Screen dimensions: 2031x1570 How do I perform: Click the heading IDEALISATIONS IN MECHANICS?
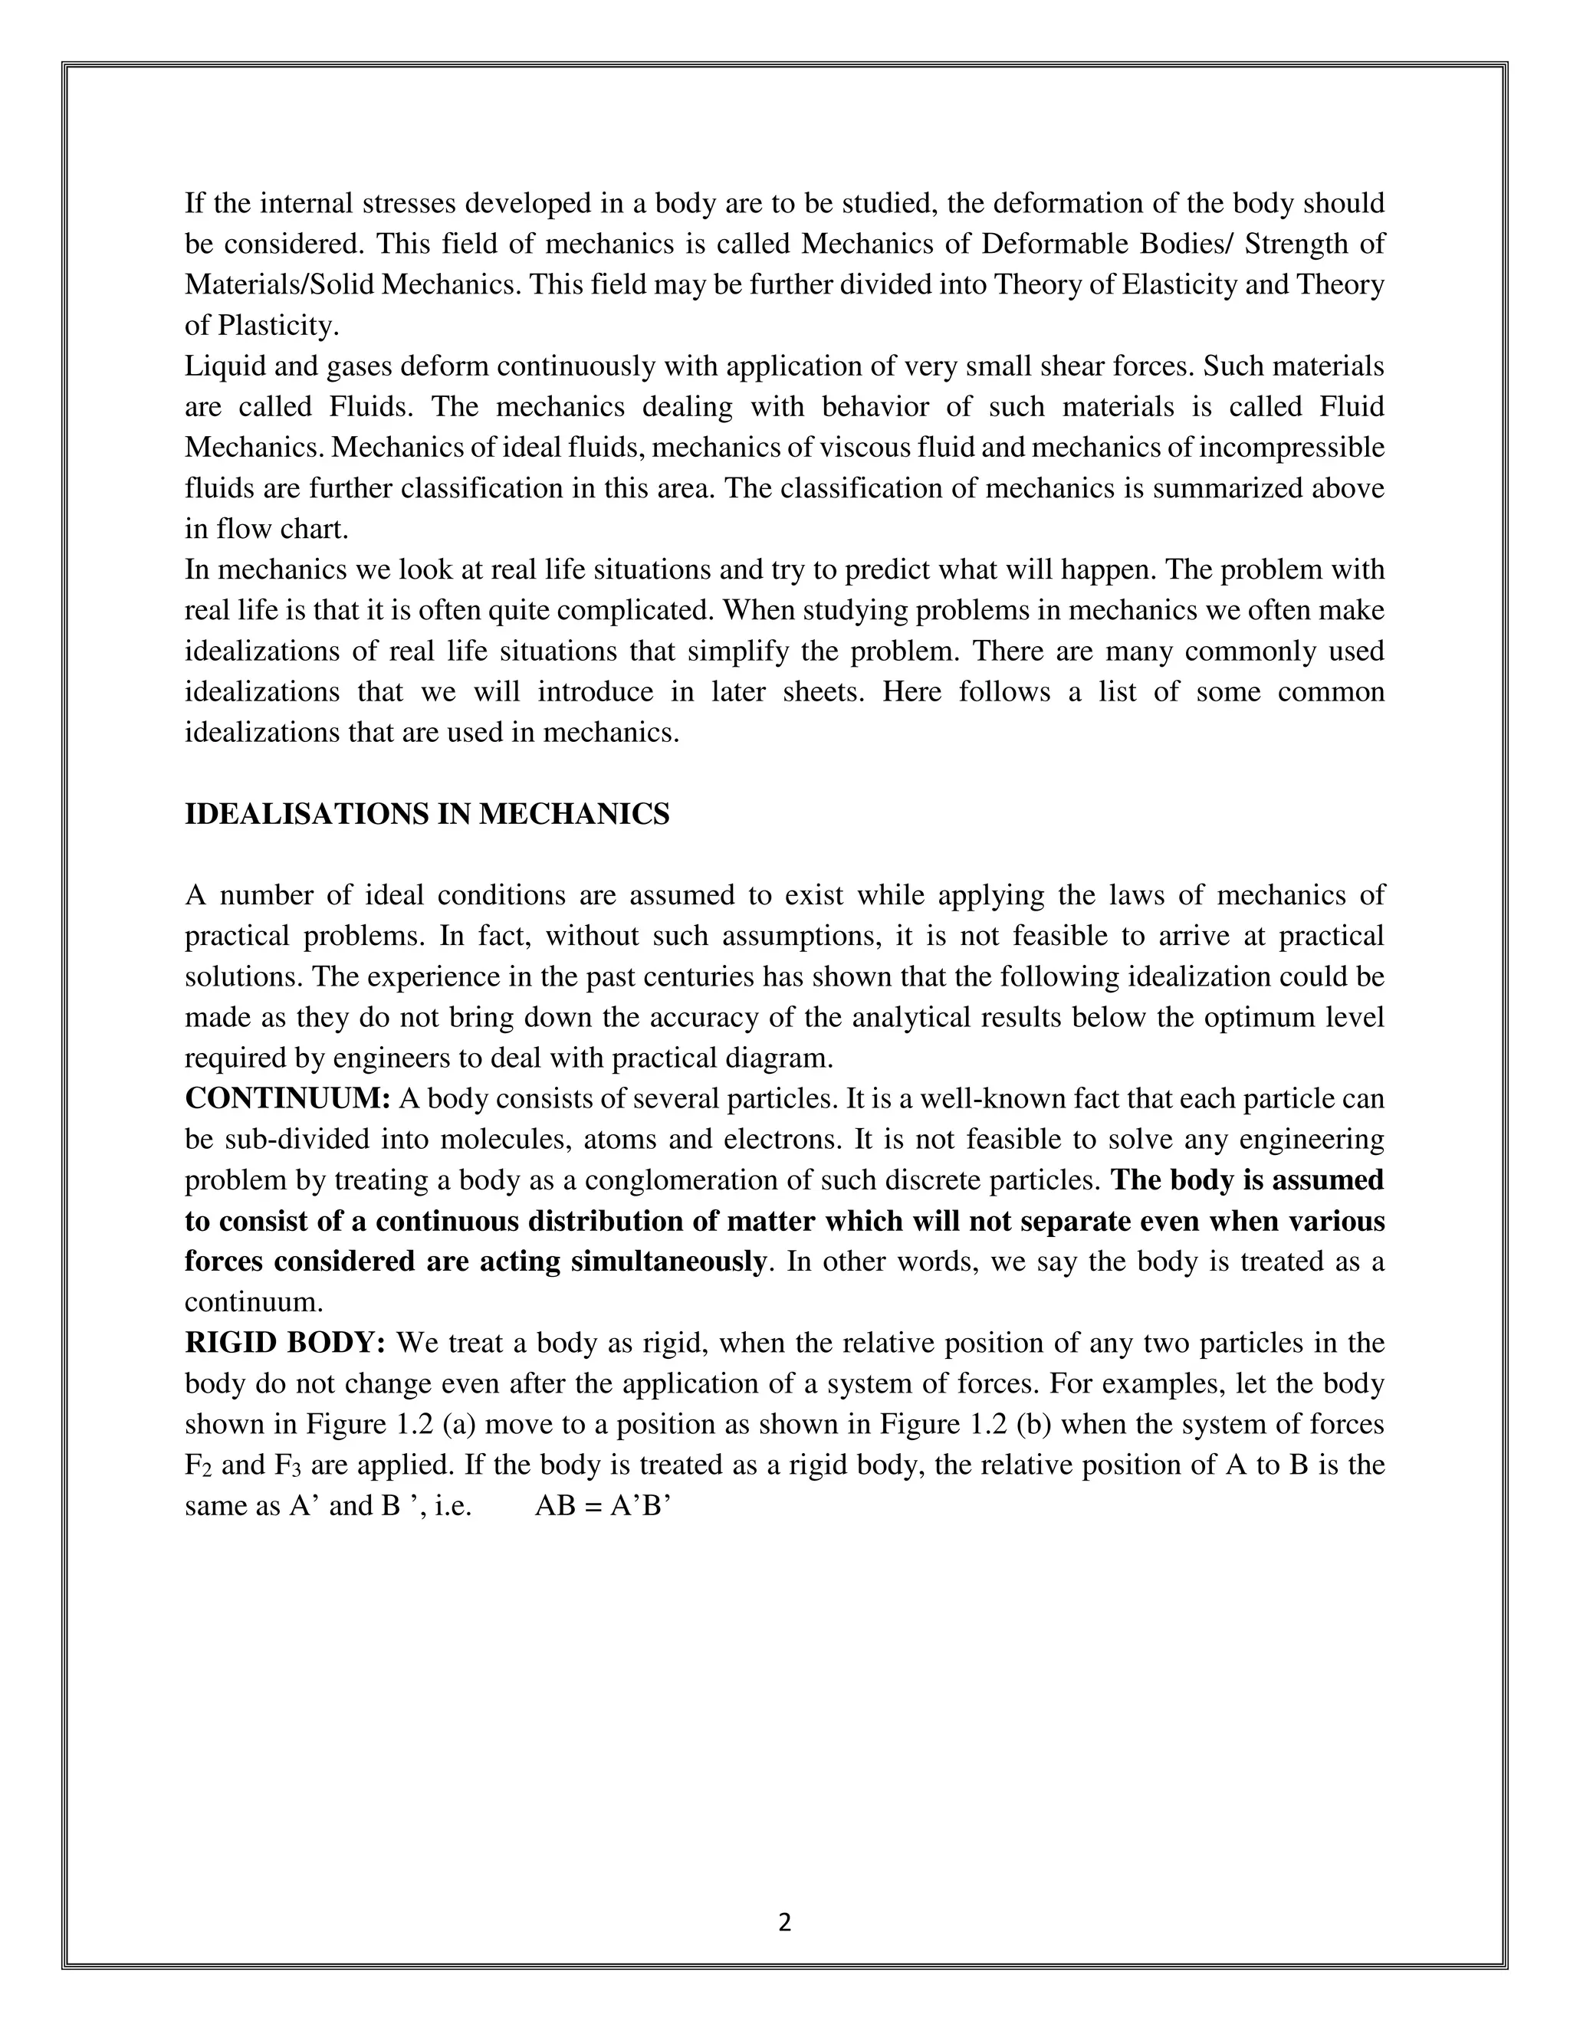tap(427, 815)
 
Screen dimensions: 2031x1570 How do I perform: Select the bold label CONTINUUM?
tap(287, 1099)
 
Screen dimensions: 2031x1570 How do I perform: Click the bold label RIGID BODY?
tap(284, 1344)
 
